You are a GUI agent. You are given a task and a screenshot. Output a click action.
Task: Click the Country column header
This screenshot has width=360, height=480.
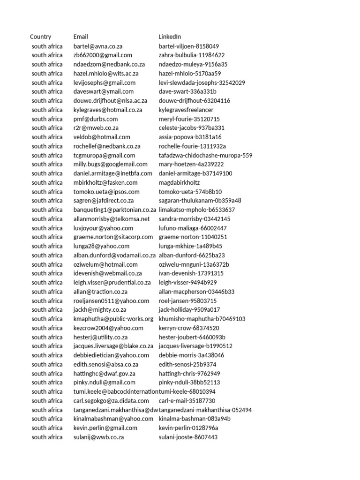pyautogui.click(x=41, y=37)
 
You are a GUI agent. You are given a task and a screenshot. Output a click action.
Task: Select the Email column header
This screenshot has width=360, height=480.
pyautogui.click(x=81, y=37)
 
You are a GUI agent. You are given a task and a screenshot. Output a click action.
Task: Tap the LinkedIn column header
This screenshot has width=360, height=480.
pyautogui.click(x=170, y=37)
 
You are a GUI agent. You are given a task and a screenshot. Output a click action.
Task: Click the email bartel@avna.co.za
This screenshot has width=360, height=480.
pyautogui.click(x=98, y=46)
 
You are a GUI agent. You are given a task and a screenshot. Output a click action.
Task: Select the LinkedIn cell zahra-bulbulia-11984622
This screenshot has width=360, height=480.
pyautogui.click(x=192, y=55)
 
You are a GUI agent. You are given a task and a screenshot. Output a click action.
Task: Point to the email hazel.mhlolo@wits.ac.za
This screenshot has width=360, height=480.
pyautogui.click(x=106, y=73)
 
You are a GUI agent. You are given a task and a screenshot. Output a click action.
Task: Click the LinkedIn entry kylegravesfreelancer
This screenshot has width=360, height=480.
pyautogui.click(x=186, y=110)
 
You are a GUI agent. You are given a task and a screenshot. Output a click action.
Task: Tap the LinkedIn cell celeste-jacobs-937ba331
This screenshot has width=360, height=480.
pyautogui.click(x=192, y=127)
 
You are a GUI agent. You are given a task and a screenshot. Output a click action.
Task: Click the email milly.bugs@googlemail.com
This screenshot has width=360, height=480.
pyautogui.click(x=111, y=164)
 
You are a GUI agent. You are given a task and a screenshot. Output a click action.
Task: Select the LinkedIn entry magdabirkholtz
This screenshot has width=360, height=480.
pyautogui.click(x=179, y=182)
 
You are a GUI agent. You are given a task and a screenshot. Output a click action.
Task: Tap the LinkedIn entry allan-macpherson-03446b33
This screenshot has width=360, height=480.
pyautogui.click(x=196, y=292)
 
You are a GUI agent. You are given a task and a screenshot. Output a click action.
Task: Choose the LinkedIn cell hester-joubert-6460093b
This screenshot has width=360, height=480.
pyautogui.click(x=192, y=337)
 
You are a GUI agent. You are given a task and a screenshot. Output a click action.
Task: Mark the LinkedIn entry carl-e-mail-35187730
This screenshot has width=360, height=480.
pyautogui.click(x=187, y=401)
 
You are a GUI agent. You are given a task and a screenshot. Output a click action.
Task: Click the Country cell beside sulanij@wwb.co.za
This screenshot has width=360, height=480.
pyautogui.click(x=47, y=437)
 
